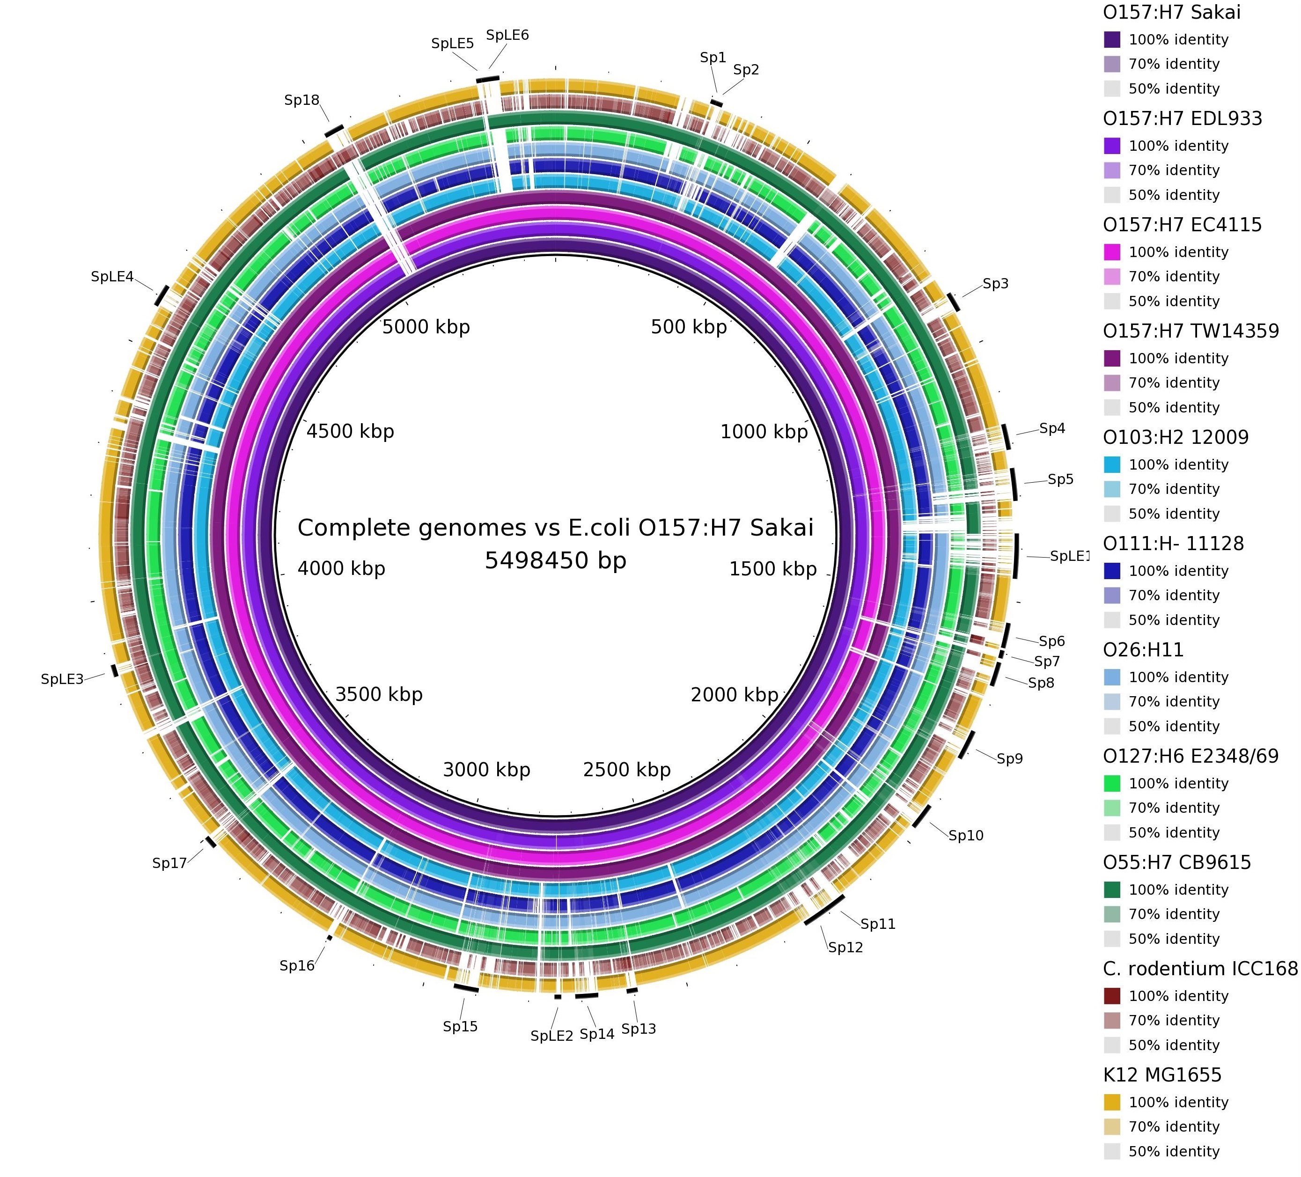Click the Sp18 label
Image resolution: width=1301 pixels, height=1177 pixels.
302,100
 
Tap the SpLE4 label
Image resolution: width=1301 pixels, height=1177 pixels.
112,277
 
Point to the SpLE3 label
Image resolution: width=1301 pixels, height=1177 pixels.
62,679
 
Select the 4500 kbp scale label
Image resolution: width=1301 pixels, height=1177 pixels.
351,432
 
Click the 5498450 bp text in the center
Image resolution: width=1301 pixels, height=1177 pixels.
556,561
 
